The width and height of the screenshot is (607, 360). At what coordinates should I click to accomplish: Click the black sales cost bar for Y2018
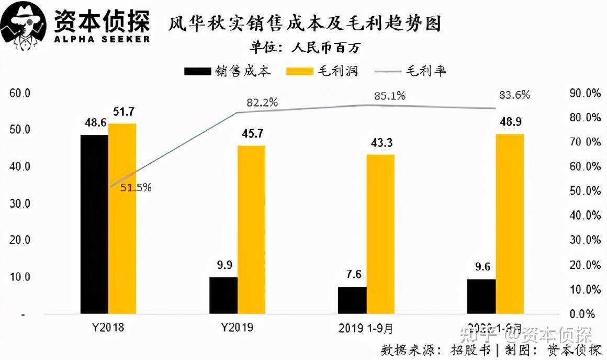coord(94,224)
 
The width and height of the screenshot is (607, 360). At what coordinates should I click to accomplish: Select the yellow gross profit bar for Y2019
coord(251,230)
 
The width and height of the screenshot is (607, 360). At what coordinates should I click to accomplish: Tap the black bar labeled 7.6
coord(352,300)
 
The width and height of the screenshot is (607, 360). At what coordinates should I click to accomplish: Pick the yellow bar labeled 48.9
coord(510,224)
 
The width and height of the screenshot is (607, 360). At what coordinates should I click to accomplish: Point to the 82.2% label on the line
coord(262,103)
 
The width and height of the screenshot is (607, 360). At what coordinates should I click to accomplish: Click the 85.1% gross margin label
coord(389,96)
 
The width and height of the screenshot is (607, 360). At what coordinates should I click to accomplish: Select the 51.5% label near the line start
coord(136,187)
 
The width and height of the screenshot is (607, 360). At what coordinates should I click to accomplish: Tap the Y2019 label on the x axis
coord(237,328)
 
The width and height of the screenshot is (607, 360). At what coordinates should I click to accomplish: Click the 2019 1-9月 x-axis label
coord(366,328)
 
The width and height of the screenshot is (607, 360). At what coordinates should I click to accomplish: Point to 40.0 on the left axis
coord(20,166)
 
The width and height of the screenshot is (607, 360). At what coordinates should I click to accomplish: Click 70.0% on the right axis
coord(584,142)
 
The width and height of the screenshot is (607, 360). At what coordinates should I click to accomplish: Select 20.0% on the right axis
coord(584,265)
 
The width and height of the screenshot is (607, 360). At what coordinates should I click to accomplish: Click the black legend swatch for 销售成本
coord(197,71)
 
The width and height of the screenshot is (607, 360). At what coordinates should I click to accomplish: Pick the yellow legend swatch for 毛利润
coord(298,71)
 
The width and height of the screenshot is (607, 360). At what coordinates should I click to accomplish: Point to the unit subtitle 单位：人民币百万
coord(305,48)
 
